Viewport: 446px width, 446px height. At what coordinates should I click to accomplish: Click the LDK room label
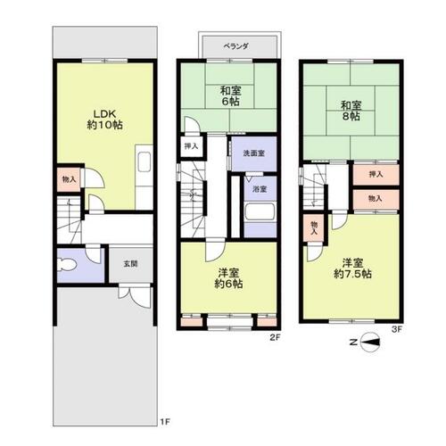pyautogui.click(x=104, y=120)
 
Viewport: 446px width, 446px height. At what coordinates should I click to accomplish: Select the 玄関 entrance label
pyautogui.click(x=131, y=264)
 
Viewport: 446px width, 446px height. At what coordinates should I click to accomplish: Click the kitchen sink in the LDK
pyautogui.click(x=145, y=162)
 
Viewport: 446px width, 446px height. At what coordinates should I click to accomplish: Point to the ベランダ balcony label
pyautogui.click(x=235, y=46)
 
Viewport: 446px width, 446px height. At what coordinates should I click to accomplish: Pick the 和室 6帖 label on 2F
pyautogui.click(x=230, y=95)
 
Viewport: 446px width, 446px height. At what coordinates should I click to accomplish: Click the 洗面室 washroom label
pyautogui.click(x=254, y=153)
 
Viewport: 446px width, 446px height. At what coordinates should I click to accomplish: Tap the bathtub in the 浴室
pyautogui.click(x=260, y=212)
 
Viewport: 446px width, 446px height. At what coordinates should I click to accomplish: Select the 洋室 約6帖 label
pyautogui.click(x=228, y=278)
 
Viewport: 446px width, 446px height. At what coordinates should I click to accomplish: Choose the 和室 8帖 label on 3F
pyautogui.click(x=351, y=111)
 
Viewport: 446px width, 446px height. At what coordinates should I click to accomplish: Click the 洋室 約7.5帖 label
pyautogui.click(x=352, y=268)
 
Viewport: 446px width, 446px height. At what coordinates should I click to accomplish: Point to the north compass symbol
pyautogui.click(x=370, y=343)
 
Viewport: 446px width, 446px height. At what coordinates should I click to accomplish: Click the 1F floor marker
pyautogui.click(x=165, y=421)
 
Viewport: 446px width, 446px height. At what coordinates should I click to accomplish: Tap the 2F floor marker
pyautogui.click(x=276, y=337)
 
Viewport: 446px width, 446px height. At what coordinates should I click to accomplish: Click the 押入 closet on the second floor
pyautogui.click(x=192, y=146)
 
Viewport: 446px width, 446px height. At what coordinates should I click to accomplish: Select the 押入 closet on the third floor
pyautogui.click(x=376, y=175)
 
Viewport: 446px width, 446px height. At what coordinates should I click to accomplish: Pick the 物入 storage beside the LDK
pyautogui.click(x=69, y=179)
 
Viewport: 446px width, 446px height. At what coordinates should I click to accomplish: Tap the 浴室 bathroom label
pyautogui.click(x=260, y=189)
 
